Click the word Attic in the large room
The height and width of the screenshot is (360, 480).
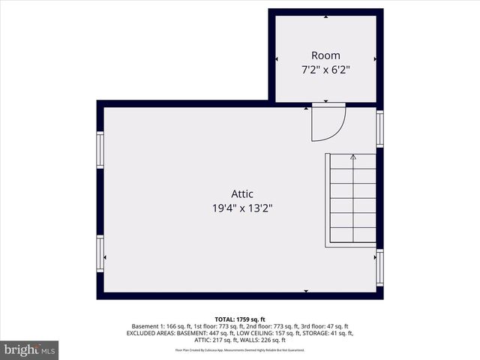coord(241,195)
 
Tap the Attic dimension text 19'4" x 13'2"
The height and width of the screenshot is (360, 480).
coord(241,208)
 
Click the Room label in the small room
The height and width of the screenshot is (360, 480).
coord(325,55)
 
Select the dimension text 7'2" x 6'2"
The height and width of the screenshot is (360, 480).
coord(325,69)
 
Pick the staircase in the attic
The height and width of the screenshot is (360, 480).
coord(351,199)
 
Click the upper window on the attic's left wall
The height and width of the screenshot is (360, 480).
coord(100,150)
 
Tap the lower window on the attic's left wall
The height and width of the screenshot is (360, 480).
coord(100,253)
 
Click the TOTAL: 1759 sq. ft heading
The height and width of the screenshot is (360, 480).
coord(240,319)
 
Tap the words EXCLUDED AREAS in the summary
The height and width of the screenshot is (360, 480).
coord(150,333)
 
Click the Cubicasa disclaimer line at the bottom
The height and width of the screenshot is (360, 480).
coord(240,349)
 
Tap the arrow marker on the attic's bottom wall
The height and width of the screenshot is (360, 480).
coord(305,290)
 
